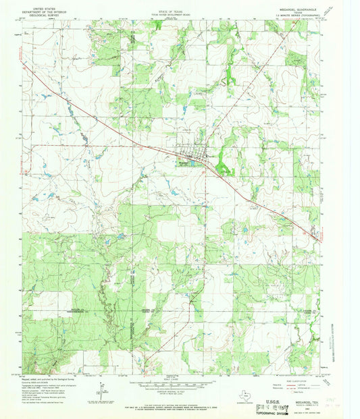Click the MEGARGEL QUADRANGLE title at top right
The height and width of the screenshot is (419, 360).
pyautogui.click(x=286, y=8)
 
